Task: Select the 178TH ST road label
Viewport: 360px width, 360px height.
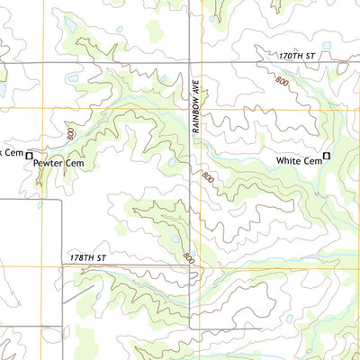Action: pos(88,258)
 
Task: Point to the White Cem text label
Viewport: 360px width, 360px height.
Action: pos(299,161)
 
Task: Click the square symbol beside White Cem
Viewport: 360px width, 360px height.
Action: pos(327,157)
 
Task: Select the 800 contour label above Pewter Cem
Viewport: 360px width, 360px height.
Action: pos(69,133)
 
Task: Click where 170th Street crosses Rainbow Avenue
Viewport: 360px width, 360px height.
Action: pos(190,62)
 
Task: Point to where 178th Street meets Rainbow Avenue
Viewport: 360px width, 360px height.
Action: pos(190,266)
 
